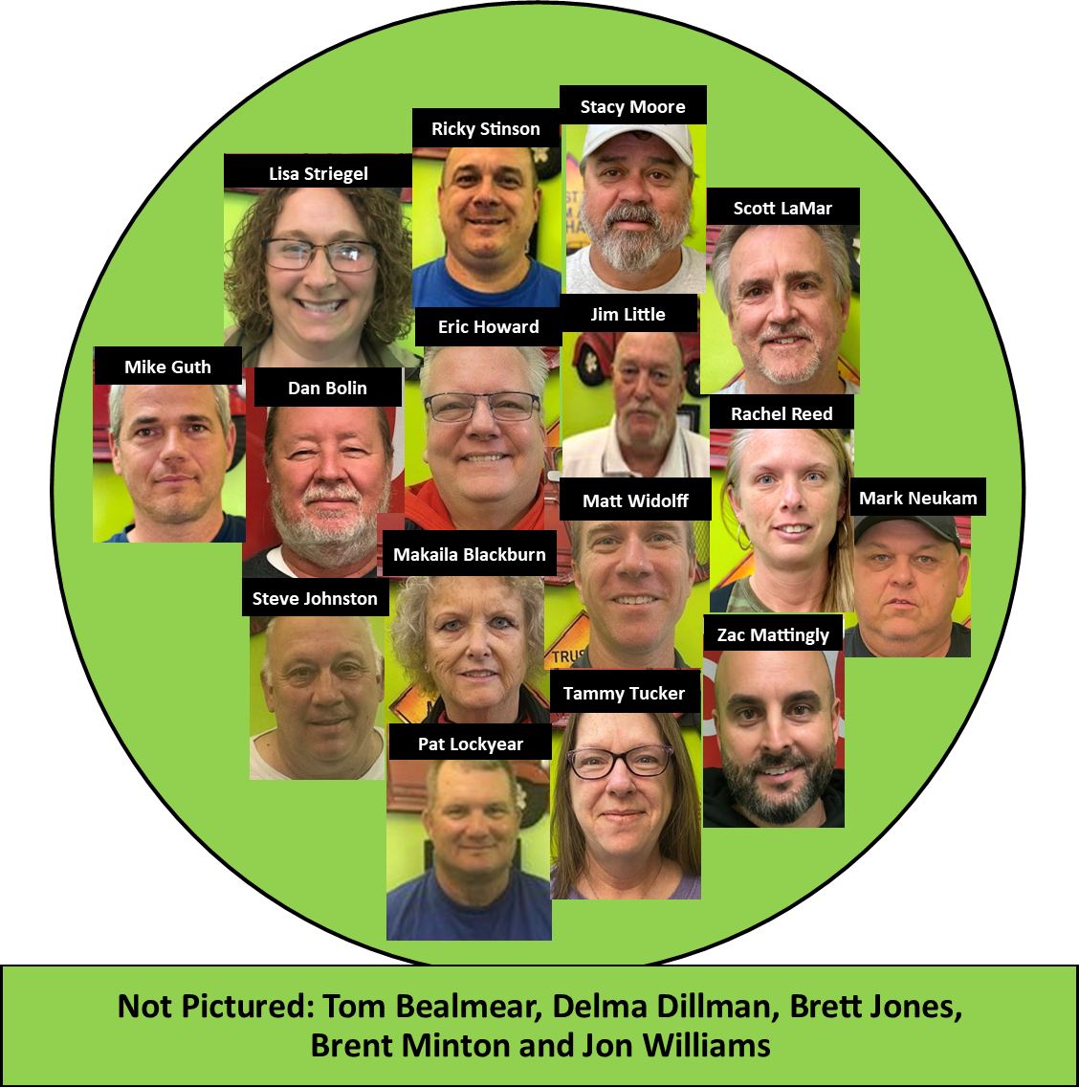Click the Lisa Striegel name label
[318, 172]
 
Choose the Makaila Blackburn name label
[470, 554]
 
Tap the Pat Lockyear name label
[471, 743]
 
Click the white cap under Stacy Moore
[636, 143]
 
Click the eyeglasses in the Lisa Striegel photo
[319, 255]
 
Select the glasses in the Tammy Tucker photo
[621, 761]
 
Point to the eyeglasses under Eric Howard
[482, 407]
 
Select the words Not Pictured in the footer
[215, 1006]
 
